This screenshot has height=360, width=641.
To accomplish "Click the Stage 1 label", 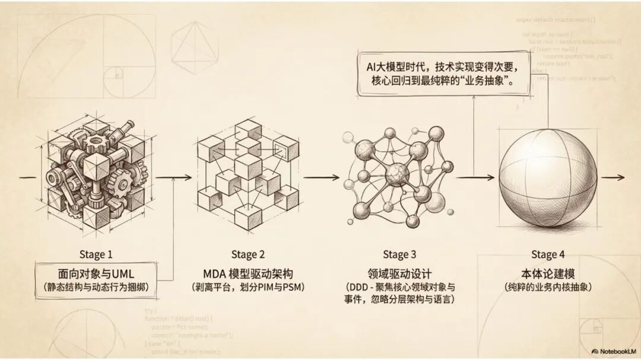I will pos(96,254).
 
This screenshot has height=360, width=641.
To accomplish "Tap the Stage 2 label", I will pos(247,255).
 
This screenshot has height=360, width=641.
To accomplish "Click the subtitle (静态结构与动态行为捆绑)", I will pos(96,288).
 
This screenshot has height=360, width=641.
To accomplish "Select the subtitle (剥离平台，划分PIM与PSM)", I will pos(247,288).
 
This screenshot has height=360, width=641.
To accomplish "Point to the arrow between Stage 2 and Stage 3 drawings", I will pos(320,177).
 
